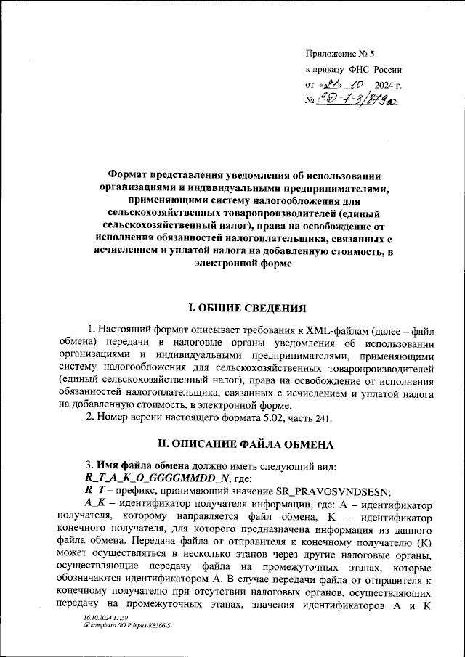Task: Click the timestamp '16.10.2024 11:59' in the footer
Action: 104,637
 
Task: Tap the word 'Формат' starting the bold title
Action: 132,176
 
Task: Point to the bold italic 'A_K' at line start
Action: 95,503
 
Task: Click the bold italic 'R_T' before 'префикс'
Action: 96,490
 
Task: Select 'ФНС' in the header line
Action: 359,70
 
